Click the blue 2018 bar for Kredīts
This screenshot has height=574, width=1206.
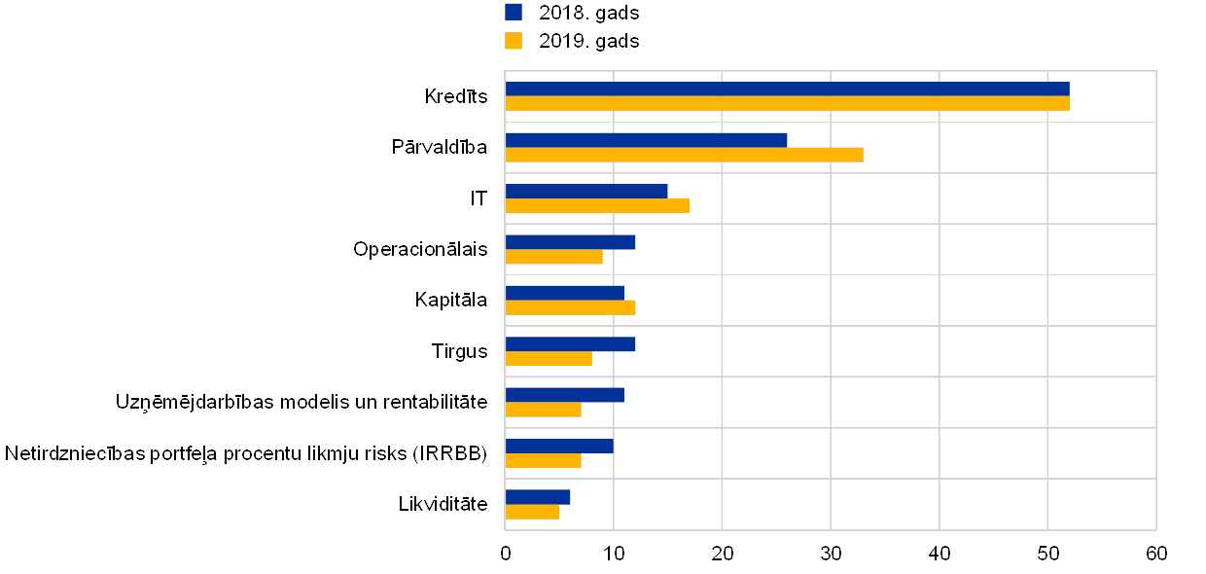787,89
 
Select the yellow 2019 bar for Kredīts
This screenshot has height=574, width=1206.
787,103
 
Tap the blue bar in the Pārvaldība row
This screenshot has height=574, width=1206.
646,140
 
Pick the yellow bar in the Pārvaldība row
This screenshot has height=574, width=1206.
684,155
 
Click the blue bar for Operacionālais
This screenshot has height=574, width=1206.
570,242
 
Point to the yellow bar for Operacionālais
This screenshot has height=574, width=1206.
553,257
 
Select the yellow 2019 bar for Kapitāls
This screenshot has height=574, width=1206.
570,307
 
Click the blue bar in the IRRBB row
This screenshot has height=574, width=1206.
559,446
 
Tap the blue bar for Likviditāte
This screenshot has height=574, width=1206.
538,497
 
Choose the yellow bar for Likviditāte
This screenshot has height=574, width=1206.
532,512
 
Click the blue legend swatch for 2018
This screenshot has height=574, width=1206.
514,12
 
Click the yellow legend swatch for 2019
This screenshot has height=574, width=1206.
514,41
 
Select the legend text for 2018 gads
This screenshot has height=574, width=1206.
588,13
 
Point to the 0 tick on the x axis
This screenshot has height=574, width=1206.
506,554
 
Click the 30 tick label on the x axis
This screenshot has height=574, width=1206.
831,554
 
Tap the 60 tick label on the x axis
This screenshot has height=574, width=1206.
1155,554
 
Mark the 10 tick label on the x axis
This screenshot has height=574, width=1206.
614,554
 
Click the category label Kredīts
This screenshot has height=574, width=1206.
457,96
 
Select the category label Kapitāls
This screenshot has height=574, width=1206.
452,300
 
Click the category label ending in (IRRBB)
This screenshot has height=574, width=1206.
247,453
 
